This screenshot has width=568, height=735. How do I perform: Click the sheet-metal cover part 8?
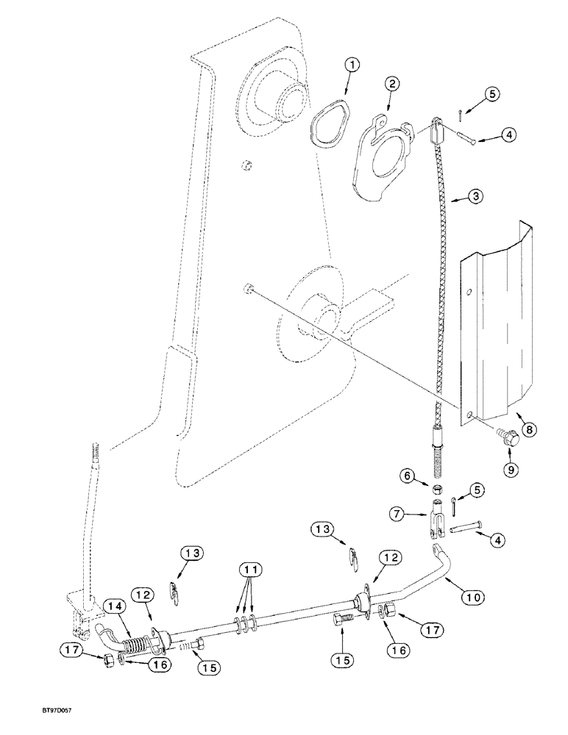point(494,323)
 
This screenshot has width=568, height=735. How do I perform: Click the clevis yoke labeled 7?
point(437,514)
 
